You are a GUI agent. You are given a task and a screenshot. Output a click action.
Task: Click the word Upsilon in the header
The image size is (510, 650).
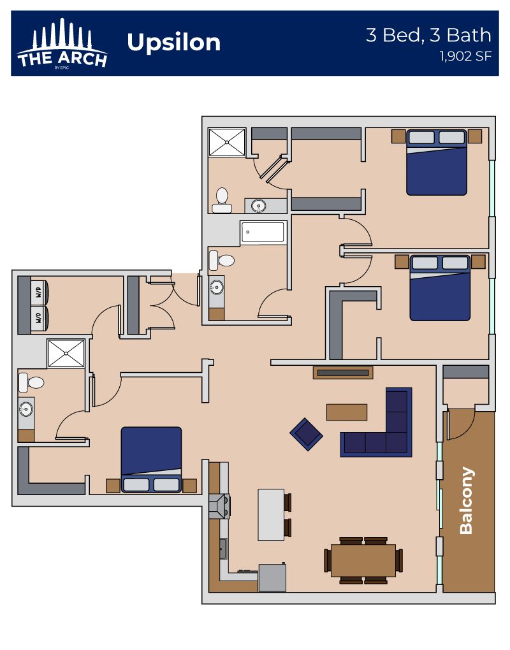tap(173, 43)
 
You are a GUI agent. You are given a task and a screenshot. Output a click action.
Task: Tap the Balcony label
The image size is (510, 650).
tap(467, 500)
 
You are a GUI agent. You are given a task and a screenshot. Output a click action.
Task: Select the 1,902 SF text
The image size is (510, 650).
tap(465, 56)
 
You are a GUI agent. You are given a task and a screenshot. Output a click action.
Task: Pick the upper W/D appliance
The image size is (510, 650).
tap(40, 292)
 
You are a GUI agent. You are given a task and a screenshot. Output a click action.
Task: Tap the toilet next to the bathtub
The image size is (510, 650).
tap(221, 261)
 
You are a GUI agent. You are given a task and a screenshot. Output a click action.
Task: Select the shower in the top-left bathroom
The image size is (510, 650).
tap(227, 142)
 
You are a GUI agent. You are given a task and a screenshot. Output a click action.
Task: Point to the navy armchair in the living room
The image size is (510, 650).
tap(306, 434)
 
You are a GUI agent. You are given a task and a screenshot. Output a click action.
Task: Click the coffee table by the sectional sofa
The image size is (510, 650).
tap(347, 412)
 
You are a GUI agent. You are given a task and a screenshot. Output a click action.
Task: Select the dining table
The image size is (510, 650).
tap(363, 560)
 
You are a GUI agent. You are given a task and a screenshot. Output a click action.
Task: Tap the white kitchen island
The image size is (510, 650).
tap(271, 515)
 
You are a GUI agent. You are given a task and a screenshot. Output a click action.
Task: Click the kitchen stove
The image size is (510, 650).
tap(219, 506)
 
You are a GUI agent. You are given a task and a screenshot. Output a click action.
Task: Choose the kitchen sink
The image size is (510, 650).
tap(223, 549)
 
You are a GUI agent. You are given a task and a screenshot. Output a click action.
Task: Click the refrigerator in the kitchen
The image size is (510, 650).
tap(272, 577)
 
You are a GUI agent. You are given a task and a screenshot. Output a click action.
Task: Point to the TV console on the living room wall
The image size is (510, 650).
tap(343, 373)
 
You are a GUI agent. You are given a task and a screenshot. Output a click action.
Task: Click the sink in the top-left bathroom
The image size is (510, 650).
tap(259, 206)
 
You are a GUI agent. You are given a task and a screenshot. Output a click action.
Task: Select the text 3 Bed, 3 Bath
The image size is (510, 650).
tap(428, 35)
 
